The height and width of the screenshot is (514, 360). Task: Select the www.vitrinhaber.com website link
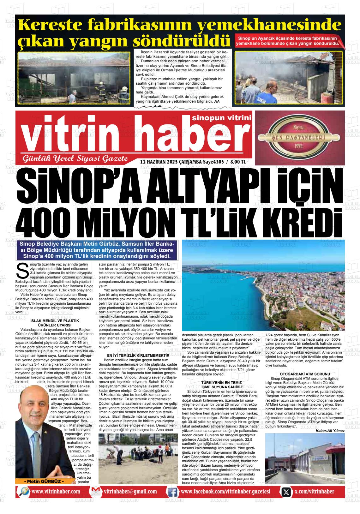point(56,492)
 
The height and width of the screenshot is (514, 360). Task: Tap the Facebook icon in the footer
point(172,492)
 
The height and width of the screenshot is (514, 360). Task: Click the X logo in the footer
point(286,492)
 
